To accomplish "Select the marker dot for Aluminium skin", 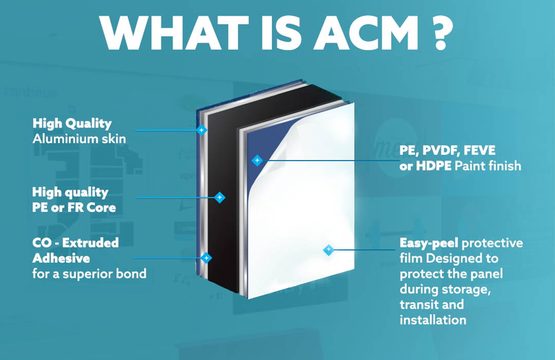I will click(x=201, y=130).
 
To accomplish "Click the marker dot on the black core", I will click(x=219, y=197).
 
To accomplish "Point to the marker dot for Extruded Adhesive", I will click(x=206, y=258).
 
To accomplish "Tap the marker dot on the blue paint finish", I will click(x=257, y=160).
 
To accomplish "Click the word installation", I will click(x=433, y=319).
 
